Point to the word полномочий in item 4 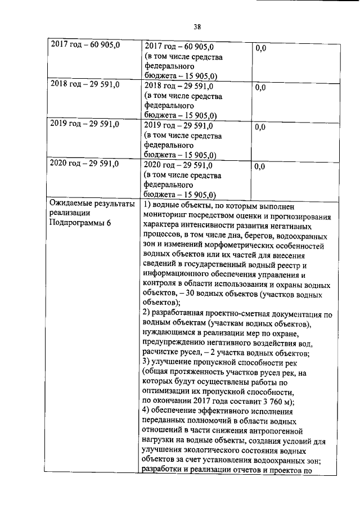(x=219, y=421)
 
